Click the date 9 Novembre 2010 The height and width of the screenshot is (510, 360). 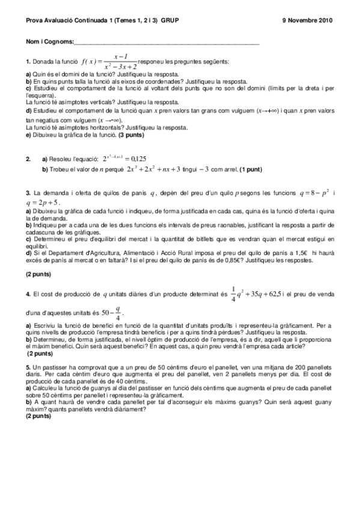[x=307, y=20]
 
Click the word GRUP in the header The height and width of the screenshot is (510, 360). [x=170, y=20]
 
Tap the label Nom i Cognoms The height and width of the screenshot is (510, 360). [x=49, y=42]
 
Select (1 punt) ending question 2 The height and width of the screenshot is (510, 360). [x=250, y=170]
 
